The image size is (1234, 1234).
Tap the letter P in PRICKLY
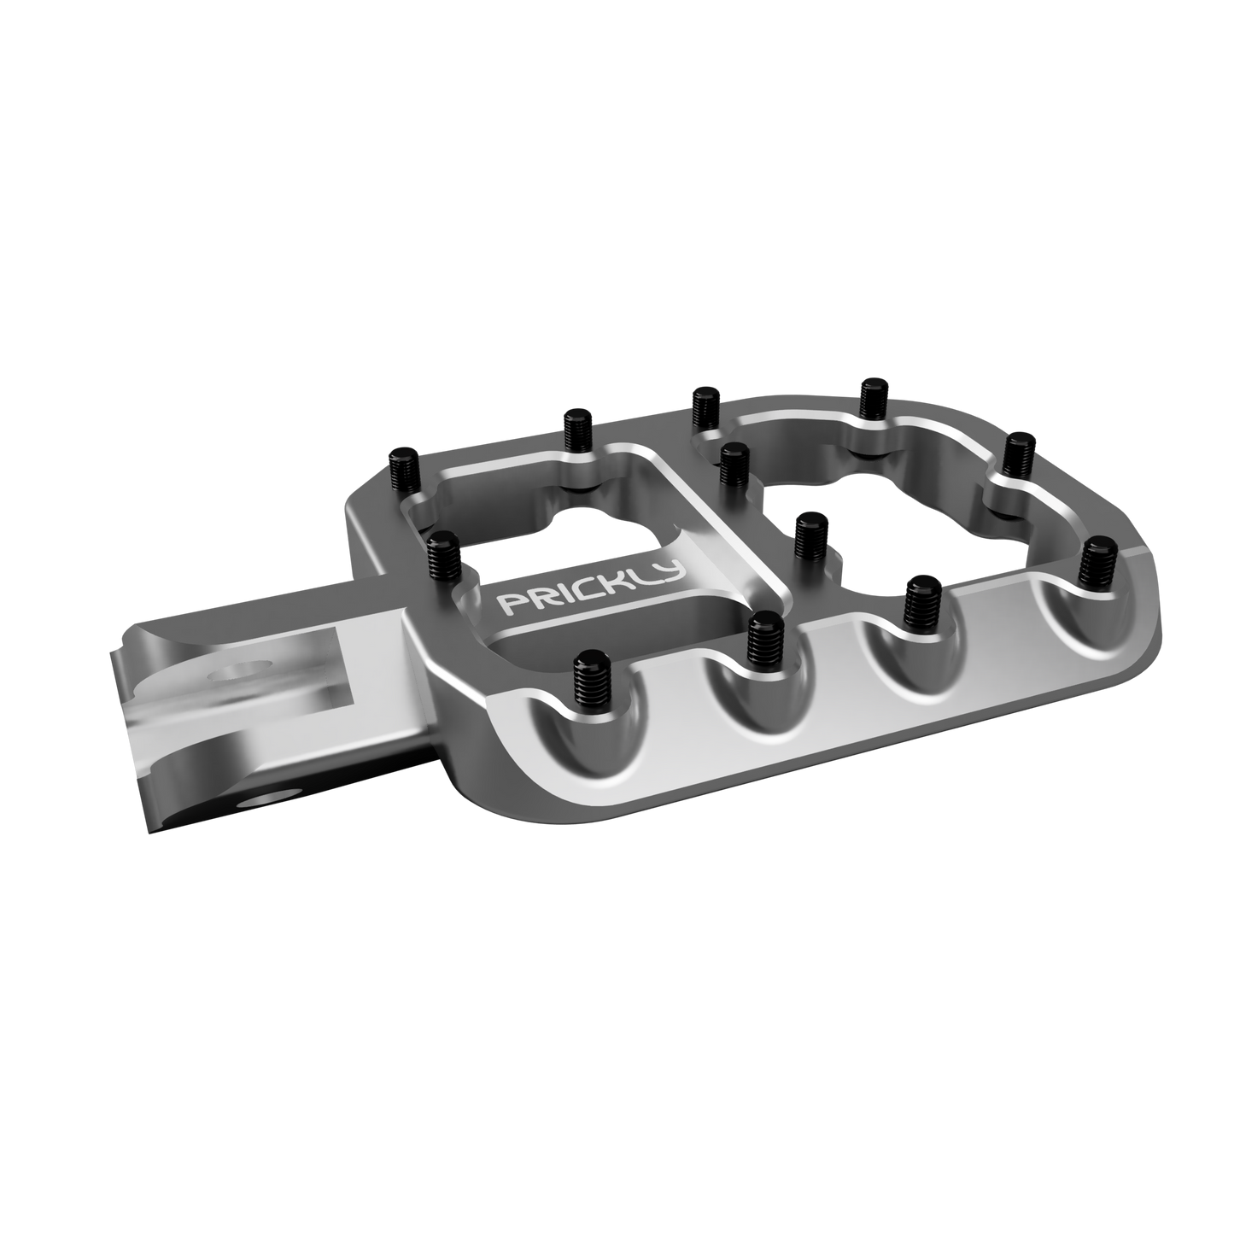[510, 605]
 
